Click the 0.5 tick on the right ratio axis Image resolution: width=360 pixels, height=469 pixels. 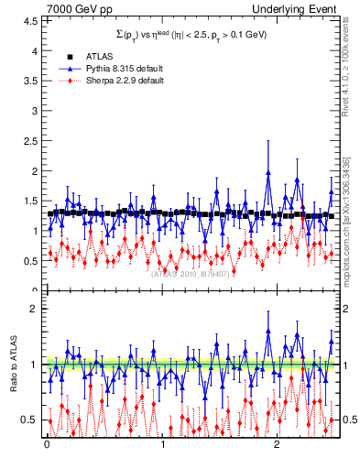348,420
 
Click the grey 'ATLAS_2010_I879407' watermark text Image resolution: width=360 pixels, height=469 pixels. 190,272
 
